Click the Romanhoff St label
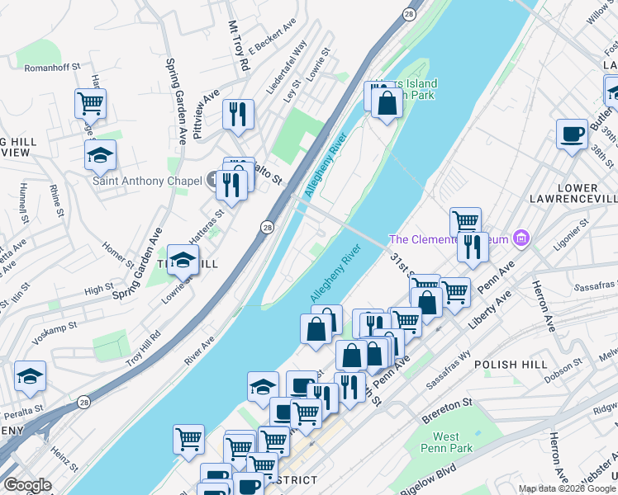click(52, 67)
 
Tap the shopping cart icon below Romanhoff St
click(91, 104)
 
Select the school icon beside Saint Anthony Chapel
click(100, 154)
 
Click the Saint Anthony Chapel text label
click(147, 181)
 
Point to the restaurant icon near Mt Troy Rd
click(238, 114)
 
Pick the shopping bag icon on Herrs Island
click(387, 104)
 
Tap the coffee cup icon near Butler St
click(571, 134)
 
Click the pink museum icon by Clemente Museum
click(521, 239)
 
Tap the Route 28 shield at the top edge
click(409, 14)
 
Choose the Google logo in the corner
click(27, 485)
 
